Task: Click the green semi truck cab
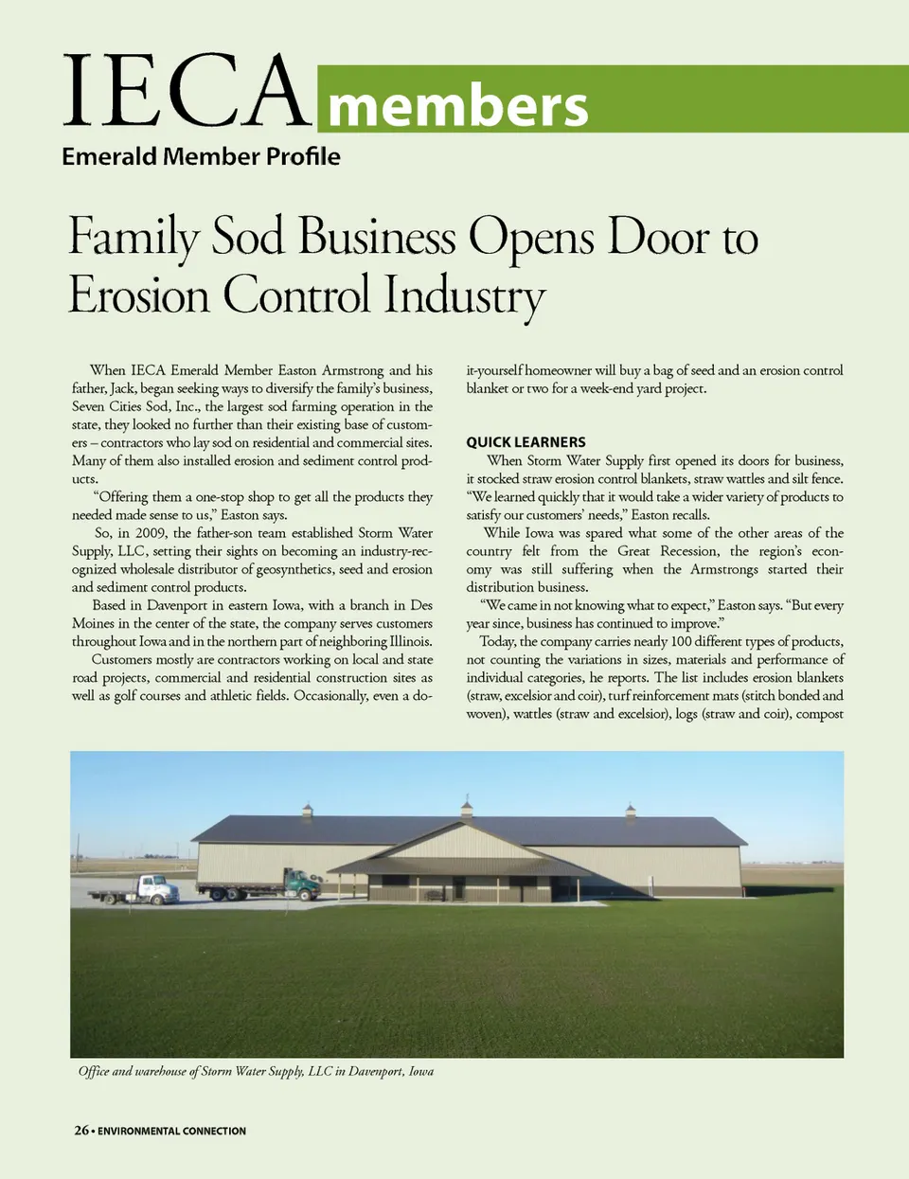(x=301, y=884)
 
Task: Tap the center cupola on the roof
(x=466, y=808)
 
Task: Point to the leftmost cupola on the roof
(x=307, y=811)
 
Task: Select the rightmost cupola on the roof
(x=631, y=810)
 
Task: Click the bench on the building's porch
(x=435, y=894)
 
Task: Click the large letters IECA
(x=187, y=92)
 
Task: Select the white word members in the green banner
(x=457, y=105)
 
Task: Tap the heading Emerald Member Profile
(x=201, y=156)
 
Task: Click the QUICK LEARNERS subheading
(x=526, y=442)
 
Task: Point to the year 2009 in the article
(x=151, y=533)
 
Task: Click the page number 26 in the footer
(x=81, y=1130)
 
